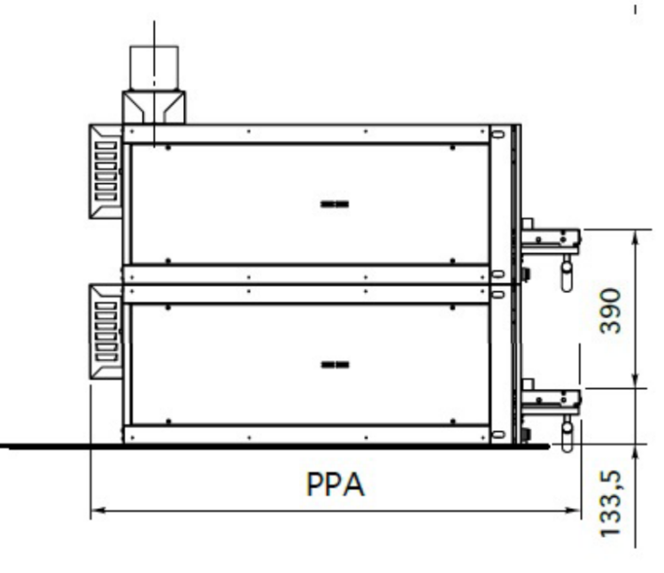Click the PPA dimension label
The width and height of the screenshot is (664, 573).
(x=335, y=484)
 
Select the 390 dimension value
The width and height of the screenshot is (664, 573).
(x=611, y=311)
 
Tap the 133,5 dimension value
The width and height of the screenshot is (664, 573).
(x=611, y=504)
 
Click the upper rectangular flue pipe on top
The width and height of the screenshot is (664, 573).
(x=154, y=68)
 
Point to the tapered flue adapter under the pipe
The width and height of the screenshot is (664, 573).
(x=154, y=107)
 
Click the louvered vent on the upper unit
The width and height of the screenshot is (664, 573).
(x=105, y=171)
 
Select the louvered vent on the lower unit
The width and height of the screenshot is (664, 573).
(x=105, y=331)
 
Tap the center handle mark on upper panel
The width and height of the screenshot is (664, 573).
(x=335, y=204)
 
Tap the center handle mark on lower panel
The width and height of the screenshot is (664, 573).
(x=335, y=365)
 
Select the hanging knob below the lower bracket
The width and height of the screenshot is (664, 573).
(x=567, y=434)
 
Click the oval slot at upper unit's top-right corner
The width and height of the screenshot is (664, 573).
(x=498, y=135)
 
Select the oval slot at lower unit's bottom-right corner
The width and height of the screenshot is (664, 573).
(x=498, y=435)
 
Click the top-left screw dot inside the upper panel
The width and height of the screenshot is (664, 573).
(x=168, y=148)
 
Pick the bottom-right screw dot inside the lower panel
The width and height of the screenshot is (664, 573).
(x=452, y=422)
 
